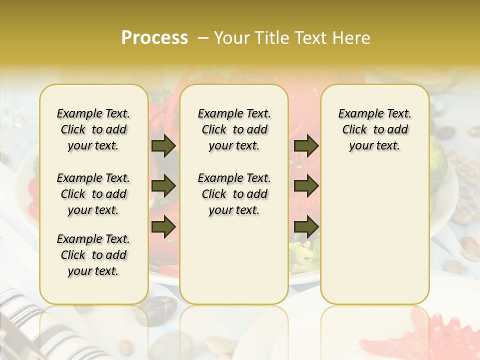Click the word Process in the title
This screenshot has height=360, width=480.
pyautogui.click(x=154, y=38)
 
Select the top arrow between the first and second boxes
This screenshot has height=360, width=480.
pyautogui.click(x=163, y=146)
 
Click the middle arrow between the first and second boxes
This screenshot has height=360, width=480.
pyautogui.click(x=163, y=186)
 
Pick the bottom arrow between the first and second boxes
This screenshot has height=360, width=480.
pyautogui.click(x=163, y=226)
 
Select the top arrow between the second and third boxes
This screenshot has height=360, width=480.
pyautogui.click(x=306, y=146)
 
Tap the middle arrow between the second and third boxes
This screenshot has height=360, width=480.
pyautogui.click(x=306, y=186)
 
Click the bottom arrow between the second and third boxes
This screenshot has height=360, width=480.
pyautogui.click(x=306, y=226)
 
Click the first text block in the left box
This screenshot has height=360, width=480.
pyautogui.click(x=93, y=129)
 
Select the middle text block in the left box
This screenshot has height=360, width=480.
pyautogui.click(x=93, y=194)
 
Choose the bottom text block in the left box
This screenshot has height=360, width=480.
pyautogui.click(x=93, y=255)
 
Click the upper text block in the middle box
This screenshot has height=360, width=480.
pyautogui.click(x=234, y=129)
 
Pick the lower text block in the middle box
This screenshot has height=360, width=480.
pyautogui.click(x=234, y=194)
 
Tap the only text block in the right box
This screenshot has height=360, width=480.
pyautogui.click(x=374, y=129)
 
